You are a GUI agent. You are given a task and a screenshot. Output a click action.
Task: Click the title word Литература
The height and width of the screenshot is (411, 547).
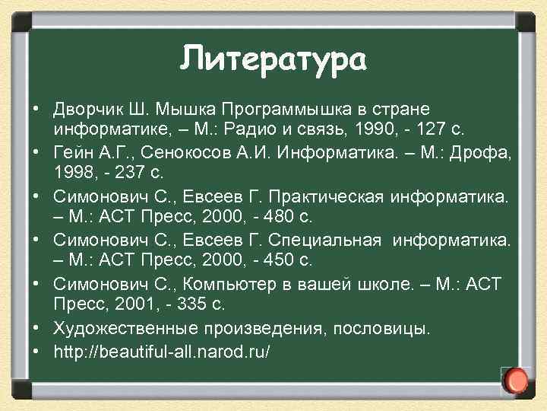click(273, 58)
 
